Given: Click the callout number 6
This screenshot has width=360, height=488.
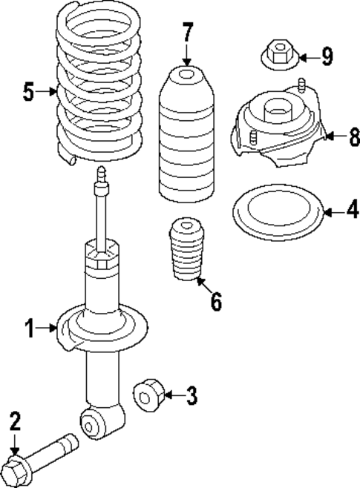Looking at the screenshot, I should point(216,302).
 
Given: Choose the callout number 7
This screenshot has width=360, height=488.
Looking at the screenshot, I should point(187,33).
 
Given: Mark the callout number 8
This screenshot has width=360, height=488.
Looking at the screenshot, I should point(353,136).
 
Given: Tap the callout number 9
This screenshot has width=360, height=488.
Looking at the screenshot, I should point(327,56).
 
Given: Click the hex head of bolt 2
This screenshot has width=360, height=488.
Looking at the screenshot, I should point(16,468).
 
